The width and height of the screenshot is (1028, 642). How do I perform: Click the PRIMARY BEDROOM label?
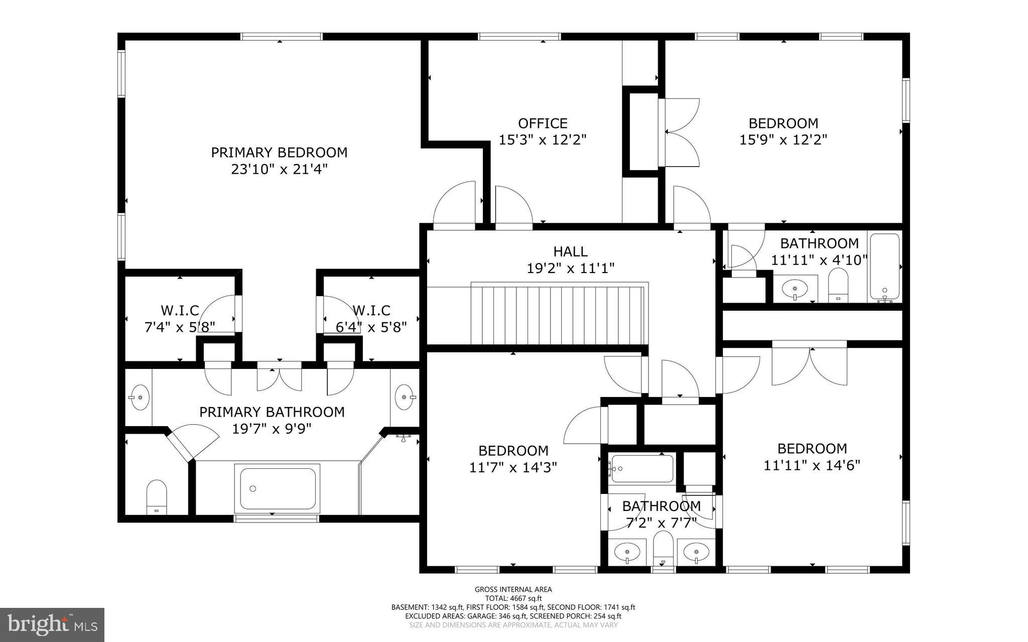point(279,152)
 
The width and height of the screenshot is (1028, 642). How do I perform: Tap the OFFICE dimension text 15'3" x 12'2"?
point(542,140)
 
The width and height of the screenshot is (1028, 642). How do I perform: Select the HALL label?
point(570,251)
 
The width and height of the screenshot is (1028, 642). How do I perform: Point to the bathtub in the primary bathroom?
point(278,488)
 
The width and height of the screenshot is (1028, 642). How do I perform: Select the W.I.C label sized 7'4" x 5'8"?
point(179,310)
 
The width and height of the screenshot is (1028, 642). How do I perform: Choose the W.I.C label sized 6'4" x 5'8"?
point(371,310)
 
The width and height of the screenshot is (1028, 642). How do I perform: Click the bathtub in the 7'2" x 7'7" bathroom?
point(642,468)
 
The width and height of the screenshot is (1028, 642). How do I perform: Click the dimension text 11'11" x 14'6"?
point(812,465)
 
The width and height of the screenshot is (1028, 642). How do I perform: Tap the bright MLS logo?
point(52,624)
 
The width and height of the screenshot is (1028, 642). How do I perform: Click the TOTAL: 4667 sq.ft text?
point(513,598)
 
